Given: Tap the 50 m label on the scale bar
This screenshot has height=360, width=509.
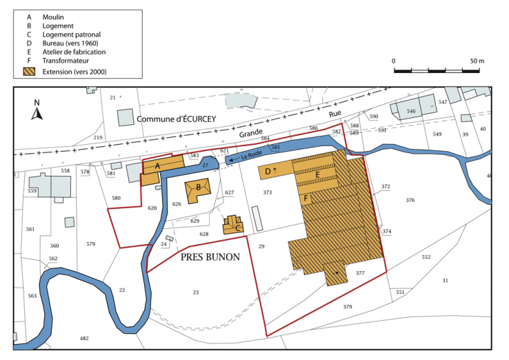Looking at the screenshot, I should pyautogui.click(x=477, y=61).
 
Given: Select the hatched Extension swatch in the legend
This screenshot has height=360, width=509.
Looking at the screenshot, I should pyautogui.click(x=30, y=72).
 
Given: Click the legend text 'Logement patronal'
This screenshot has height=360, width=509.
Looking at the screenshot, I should pyautogui.click(x=71, y=34).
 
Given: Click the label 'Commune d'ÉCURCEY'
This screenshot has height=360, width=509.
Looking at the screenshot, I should pyautogui.click(x=176, y=119).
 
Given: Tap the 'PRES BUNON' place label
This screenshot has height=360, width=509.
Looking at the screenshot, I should pyautogui.click(x=210, y=257).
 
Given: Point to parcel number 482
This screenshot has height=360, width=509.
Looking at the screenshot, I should pyautogui.click(x=84, y=339).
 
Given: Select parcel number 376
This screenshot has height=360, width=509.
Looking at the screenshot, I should pyautogui.click(x=410, y=200).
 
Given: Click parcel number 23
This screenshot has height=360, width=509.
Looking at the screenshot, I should pyautogui.click(x=196, y=292).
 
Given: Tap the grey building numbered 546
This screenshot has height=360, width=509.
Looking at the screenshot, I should pyautogui.click(x=410, y=110).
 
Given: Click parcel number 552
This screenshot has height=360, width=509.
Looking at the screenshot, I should pyautogui.click(x=426, y=257).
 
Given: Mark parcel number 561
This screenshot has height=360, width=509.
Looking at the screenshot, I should pyautogui.click(x=30, y=229).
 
